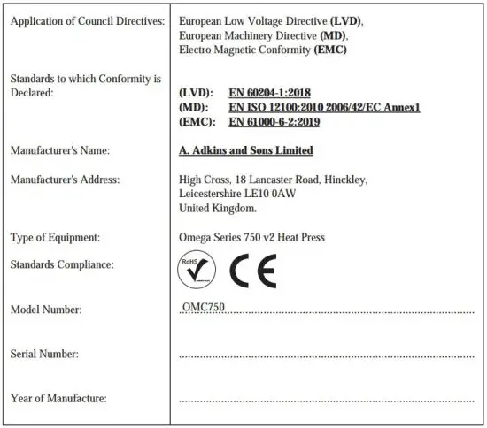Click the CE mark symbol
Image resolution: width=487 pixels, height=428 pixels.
[x=252, y=268]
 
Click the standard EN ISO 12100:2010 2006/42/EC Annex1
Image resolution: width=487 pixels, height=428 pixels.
[x=323, y=107]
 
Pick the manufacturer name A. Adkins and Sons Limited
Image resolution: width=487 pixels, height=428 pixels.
[x=245, y=150]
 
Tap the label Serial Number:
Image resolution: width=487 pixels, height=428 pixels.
[x=44, y=354]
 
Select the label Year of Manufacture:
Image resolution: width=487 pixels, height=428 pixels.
[x=58, y=398]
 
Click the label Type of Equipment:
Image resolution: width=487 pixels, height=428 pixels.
[x=55, y=237]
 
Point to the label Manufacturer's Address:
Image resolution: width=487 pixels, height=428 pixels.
[x=65, y=180]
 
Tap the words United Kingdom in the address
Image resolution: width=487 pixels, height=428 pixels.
[x=217, y=208]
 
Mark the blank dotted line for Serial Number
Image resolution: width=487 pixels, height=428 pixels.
[x=326, y=356]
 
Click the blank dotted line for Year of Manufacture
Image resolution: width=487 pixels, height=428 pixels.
[x=326, y=401]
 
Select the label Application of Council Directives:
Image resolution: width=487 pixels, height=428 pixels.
[x=87, y=20]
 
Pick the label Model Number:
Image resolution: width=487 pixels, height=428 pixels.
[x=45, y=310]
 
